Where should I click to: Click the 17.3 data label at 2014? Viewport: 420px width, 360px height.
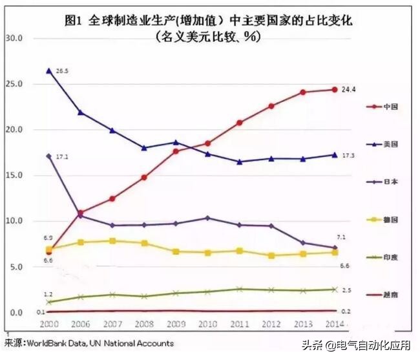pos(348,156)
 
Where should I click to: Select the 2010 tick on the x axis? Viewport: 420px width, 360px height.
pos(207,324)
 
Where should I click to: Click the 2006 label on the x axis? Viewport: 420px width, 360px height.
pos(80,324)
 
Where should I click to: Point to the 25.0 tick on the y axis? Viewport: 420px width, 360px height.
pos(14,84)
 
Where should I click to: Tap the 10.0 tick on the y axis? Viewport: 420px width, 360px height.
pos(14,221)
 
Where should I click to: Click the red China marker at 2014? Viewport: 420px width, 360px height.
pos(333,90)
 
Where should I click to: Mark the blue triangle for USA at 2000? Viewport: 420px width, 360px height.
pos(49,70)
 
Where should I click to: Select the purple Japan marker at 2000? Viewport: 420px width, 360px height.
pos(49,156)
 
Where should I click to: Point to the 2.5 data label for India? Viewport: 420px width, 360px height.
pos(346,290)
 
